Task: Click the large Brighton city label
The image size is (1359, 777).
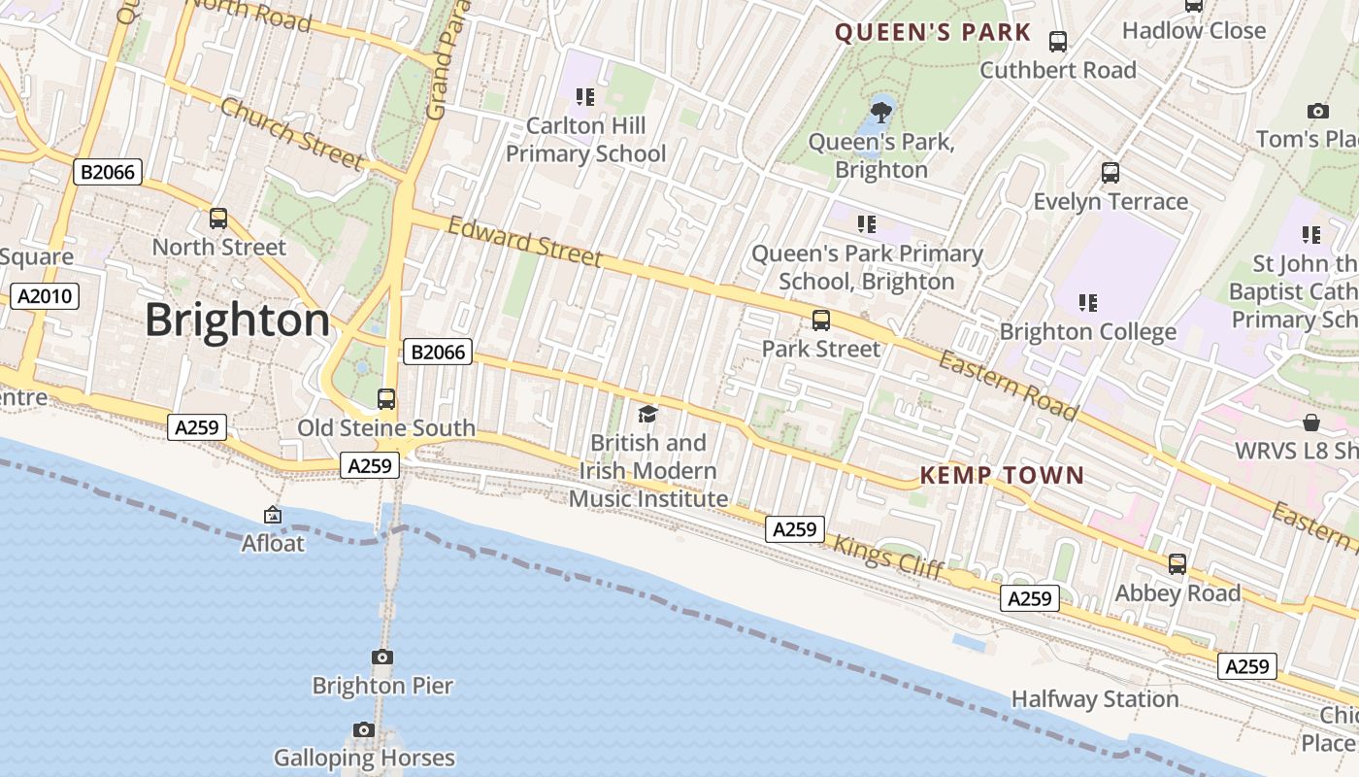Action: point(238,321)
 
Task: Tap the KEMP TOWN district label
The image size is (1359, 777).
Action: point(1001,475)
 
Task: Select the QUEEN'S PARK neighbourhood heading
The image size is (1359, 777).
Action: point(933,32)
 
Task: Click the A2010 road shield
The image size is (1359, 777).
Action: point(45,296)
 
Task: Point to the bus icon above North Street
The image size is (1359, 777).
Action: point(218,219)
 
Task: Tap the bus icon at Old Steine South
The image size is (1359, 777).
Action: point(385,399)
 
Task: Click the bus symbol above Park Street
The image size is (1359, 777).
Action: point(821,321)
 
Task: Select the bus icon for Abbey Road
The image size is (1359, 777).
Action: point(1177,564)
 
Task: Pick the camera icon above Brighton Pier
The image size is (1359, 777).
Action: point(382,658)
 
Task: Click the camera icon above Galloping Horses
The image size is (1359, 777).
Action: point(364,729)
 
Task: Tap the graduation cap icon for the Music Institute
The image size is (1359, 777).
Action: point(647,415)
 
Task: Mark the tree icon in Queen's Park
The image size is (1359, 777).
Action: point(881,112)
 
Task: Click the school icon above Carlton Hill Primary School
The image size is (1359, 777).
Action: point(584,96)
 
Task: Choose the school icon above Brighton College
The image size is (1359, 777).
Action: point(1087,303)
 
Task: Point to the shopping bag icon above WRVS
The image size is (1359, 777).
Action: point(1311,422)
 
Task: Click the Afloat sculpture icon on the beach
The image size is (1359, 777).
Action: point(273,515)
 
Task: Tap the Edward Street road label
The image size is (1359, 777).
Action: point(524,242)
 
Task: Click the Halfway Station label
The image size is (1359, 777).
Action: point(1095,699)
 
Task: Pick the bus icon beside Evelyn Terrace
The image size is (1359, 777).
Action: point(1110,174)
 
